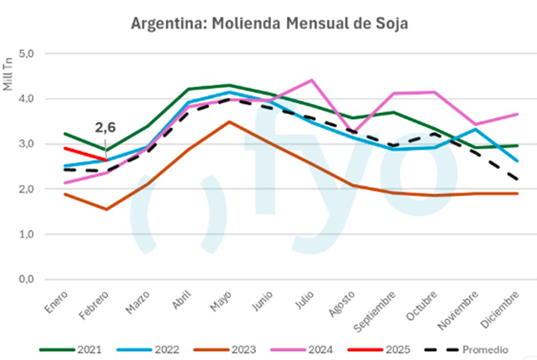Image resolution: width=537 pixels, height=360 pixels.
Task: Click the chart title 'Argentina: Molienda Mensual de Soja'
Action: pos(268,23)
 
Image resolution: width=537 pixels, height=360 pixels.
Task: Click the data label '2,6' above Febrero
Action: pos(105,127)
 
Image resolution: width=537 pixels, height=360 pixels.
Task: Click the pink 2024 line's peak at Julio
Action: pos(311,80)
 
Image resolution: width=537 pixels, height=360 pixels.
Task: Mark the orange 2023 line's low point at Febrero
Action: pos(106,209)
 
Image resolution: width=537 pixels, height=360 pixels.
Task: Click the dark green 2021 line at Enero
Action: pos(65,134)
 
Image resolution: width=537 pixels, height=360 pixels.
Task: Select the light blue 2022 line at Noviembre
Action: pos(475,129)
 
